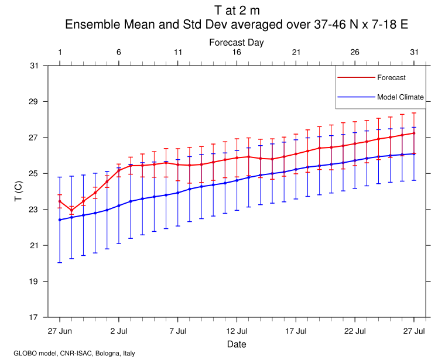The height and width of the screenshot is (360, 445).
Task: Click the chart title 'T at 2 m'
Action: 237,11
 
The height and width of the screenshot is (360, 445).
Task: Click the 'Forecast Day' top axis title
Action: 237,42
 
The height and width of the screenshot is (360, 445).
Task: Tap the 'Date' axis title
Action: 237,344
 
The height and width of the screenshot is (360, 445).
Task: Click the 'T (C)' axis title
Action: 18,191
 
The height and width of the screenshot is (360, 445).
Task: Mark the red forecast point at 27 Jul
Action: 414,133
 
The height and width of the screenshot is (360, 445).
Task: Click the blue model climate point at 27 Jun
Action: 60,220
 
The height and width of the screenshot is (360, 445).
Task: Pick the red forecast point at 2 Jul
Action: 119,170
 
